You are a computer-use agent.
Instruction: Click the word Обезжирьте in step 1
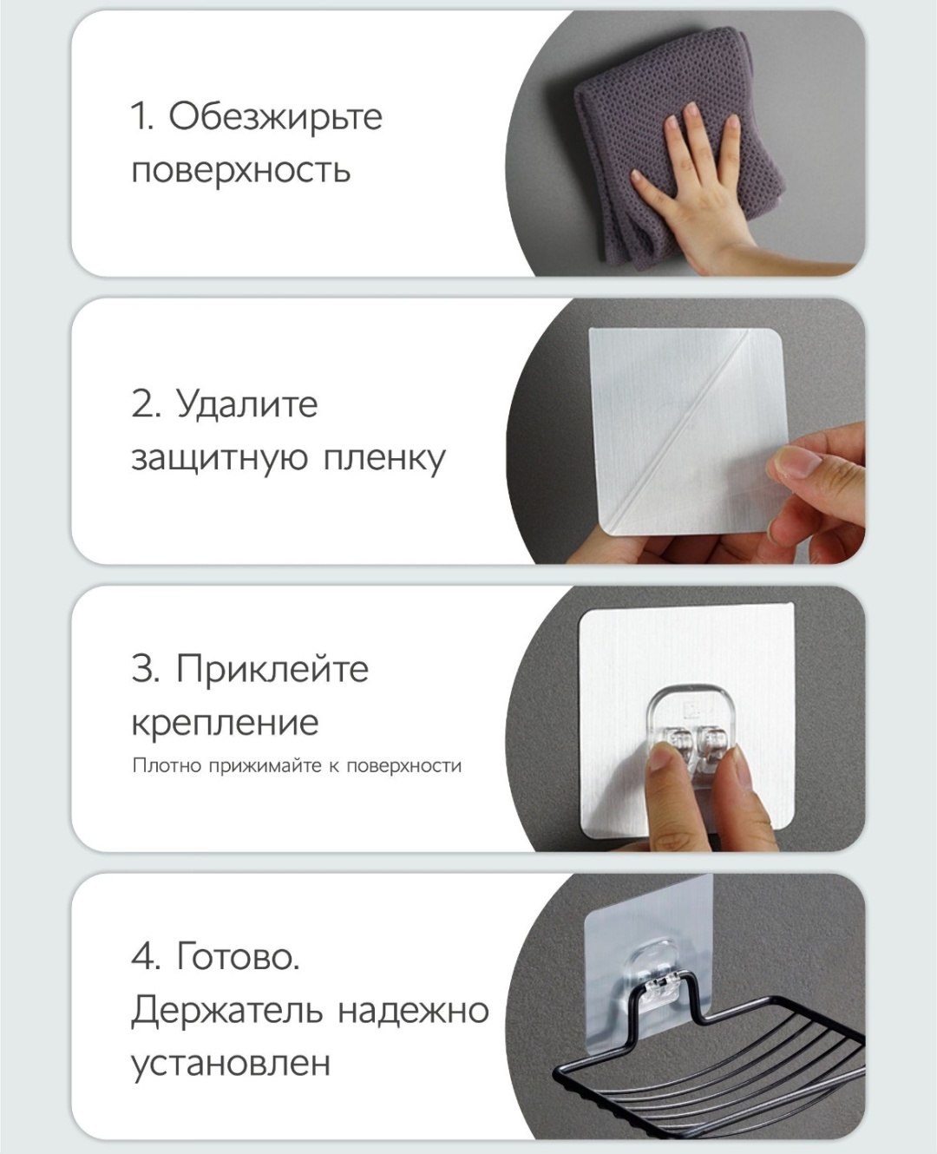[276, 116]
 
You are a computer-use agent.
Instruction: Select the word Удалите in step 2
[247, 405]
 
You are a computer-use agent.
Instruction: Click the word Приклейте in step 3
[272, 670]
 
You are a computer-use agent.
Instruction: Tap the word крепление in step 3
[226, 725]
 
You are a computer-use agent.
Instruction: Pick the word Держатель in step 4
[226, 1012]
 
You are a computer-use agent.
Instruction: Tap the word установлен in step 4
[231, 1064]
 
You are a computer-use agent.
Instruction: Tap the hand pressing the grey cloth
[704, 184]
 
